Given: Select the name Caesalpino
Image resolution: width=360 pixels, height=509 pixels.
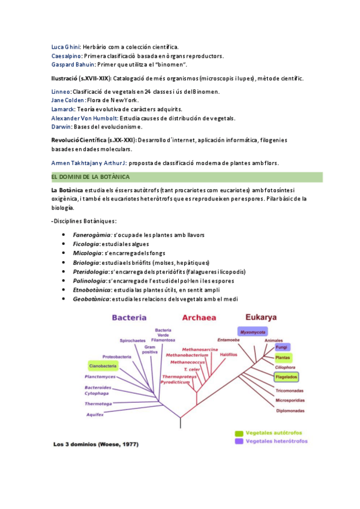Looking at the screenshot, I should [x=67, y=56].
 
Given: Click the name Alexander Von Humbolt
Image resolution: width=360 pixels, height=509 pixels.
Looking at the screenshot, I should [x=84, y=118].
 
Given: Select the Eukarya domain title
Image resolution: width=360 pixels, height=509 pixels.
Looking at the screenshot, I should [x=262, y=317].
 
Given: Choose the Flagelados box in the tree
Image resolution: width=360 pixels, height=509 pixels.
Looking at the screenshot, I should [x=287, y=378].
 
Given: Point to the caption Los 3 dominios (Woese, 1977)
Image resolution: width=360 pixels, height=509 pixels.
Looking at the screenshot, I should [x=97, y=445].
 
